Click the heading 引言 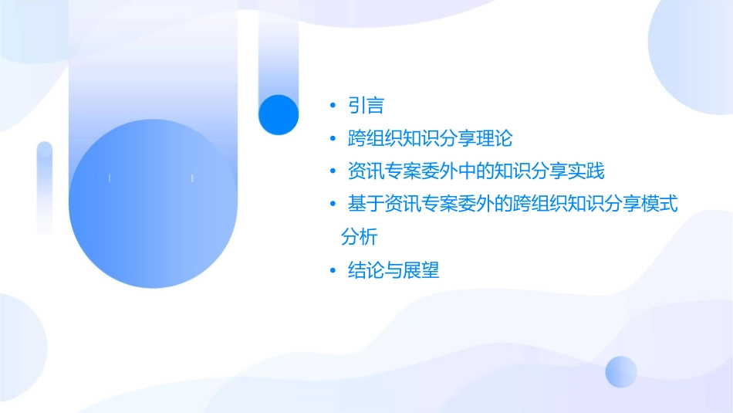(366, 106)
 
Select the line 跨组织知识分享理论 (430, 139)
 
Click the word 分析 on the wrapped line (359, 236)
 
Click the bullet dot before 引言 (333, 106)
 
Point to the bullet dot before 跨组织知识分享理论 (333, 139)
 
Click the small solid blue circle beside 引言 (278, 114)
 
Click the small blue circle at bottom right (621, 371)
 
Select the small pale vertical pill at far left (45, 185)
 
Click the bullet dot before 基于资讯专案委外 (333, 205)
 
